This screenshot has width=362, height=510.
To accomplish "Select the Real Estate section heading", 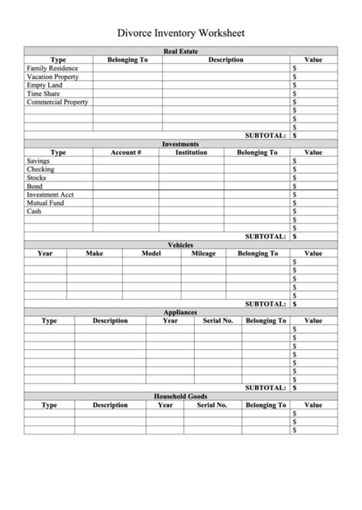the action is click(181, 51).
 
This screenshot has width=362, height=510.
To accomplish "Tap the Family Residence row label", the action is click(52, 68).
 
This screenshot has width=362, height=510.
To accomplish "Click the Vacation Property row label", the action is click(53, 76).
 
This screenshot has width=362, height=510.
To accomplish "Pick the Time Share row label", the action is click(43, 93).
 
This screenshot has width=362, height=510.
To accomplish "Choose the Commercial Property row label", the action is click(57, 101).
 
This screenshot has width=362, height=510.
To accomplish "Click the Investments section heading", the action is click(181, 143).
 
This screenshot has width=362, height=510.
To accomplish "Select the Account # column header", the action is click(126, 152).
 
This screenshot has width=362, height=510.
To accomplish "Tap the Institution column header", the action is click(191, 152).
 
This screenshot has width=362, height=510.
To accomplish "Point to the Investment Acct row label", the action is click(50, 194).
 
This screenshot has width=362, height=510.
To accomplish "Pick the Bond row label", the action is click(35, 186).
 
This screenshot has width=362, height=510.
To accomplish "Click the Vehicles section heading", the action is click(181, 245).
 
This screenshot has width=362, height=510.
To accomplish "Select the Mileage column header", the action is click(203, 253).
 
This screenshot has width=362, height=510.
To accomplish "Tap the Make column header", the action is click(94, 253).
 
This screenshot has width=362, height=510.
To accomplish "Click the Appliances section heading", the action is click(181, 312).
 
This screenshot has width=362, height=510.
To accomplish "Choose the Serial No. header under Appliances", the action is click(218, 320).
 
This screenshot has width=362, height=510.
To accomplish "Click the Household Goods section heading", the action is click(181, 396).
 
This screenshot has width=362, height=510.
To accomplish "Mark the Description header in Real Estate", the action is click(225, 59).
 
